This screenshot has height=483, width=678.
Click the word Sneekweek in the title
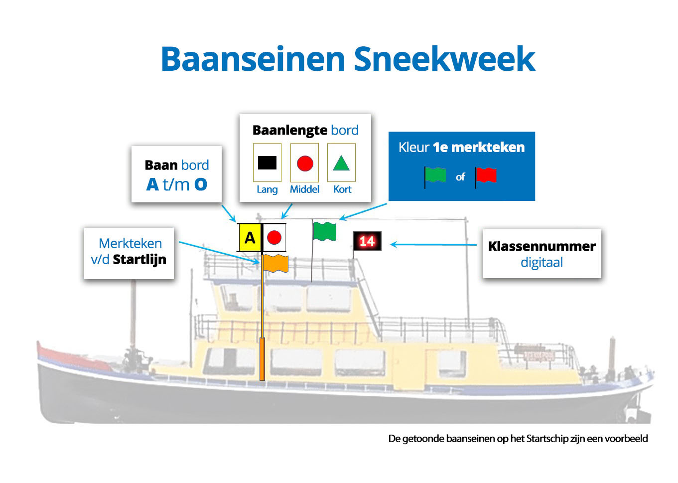[x=444, y=59]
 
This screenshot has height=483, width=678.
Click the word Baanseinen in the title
[x=253, y=59]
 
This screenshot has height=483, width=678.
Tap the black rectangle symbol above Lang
[x=267, y=162]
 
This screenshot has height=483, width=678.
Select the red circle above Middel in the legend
[x=305, y=163]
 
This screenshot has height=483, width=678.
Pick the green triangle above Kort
[x=341, y=163]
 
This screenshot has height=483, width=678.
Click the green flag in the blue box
[x=435, y=175]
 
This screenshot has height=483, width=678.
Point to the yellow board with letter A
[x=250, y=238]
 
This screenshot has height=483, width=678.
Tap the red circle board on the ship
[x=274, y=238]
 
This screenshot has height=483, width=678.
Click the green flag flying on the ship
[x=324, y=232]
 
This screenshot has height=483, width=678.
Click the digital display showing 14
[x=367, y=241]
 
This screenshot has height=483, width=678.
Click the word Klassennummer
[x=542, y=246]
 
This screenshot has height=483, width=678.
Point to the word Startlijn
[x=139, y=260]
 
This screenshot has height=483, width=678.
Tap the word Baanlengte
[x=289, y=130]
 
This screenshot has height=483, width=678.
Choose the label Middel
[x=304, y=189]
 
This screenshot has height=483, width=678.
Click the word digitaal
[x=542, y=263]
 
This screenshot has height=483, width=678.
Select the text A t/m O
[x=177, y=184]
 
